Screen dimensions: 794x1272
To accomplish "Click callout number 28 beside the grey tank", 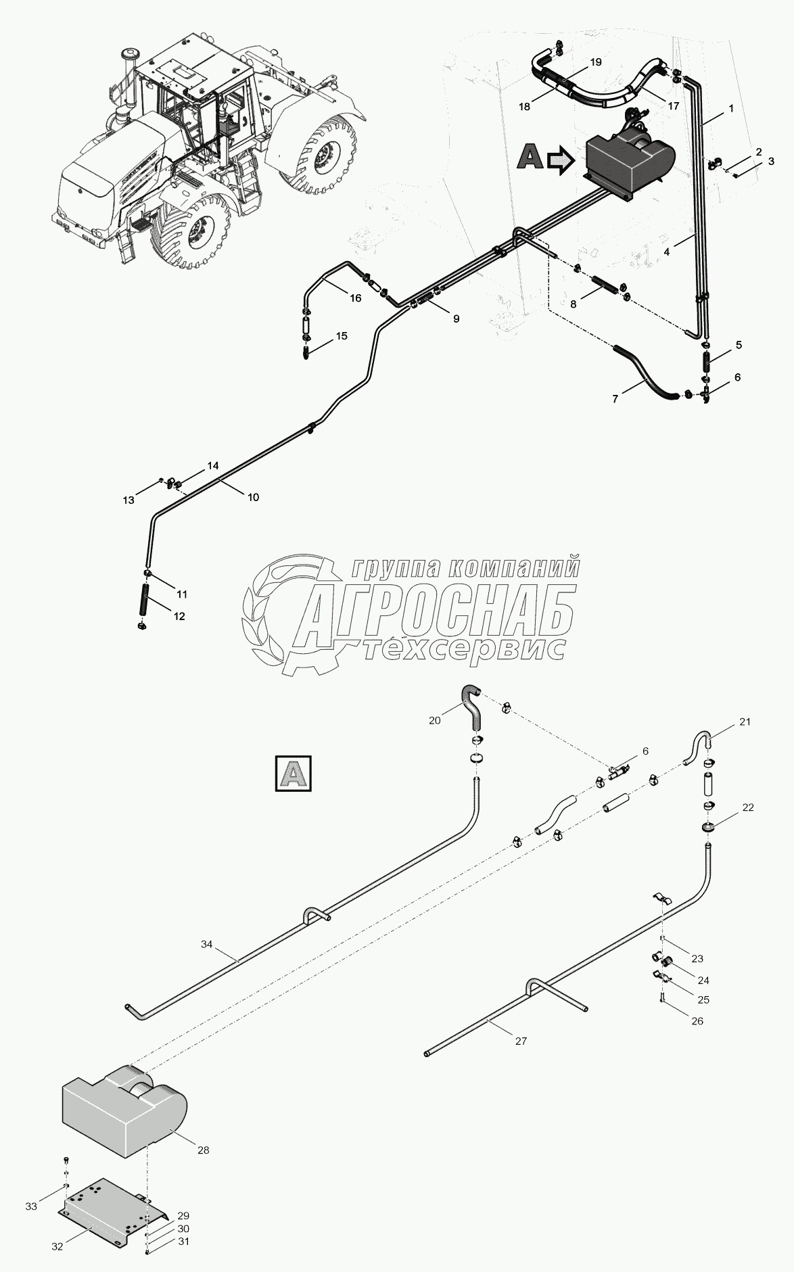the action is pyautogui.click(x=204, y=1150).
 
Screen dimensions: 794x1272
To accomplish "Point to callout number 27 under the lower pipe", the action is pyautogui.click(x=520, y=1041).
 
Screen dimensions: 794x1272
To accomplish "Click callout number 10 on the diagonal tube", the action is pyautogui.click(x=253, y=497).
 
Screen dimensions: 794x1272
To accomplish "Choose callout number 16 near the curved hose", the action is pyautogui.click(x=356, y=298).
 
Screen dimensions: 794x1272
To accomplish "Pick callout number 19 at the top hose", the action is pyautogui.click(x=595, y=62).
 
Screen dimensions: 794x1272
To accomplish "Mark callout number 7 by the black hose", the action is pyautogui.click(x=615, y=399).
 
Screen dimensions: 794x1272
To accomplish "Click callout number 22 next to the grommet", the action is pyautogui.click(x=748, y=807).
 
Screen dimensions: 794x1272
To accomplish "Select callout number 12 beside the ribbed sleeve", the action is pyautogui.click(x=179, y=617).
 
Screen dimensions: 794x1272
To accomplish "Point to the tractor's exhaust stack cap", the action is pyautogui.click(x=128, y=53).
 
